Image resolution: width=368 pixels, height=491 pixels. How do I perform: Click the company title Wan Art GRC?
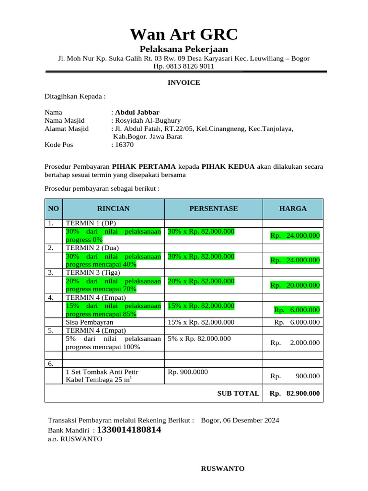[184, 35]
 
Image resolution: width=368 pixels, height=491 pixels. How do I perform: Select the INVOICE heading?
[184, 82]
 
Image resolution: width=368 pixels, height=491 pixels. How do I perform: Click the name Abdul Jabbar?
[137, 112]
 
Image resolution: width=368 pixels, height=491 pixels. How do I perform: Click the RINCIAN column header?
[114, 209]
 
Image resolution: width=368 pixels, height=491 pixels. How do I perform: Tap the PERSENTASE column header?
[213, 209]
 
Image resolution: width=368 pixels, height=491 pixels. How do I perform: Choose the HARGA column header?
[293, 209]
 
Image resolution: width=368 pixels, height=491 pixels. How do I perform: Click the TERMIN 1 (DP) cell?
[91, 223]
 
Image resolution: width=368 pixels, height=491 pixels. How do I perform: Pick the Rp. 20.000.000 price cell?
[295, 285]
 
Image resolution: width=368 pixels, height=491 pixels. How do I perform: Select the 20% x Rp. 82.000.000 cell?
[201, 281]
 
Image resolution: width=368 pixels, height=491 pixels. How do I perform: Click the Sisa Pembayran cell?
[90, 322]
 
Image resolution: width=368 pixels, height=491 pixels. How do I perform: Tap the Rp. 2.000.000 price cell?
[295, 343]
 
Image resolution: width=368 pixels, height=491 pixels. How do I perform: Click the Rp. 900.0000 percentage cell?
[188, 372]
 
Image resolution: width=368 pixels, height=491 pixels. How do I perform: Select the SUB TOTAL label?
[238, 393]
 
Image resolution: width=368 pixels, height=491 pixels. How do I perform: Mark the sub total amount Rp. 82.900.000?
[294, 393]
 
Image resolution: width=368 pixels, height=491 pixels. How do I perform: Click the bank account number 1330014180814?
[129, 430]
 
